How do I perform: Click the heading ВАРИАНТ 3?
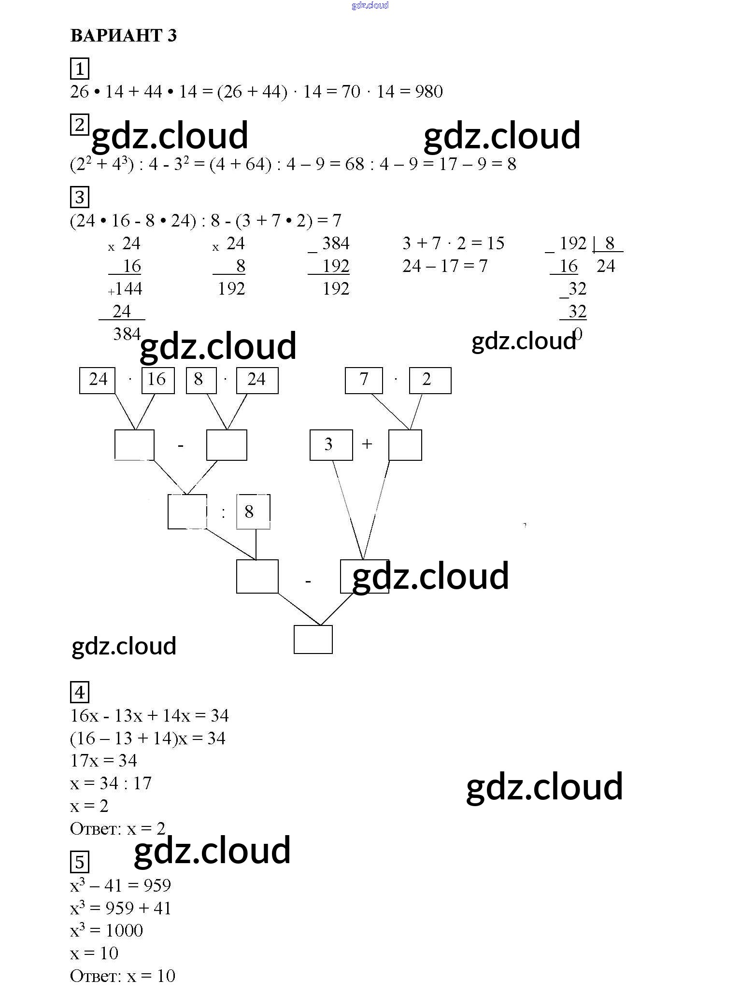tap(124, 36)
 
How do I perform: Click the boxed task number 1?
tap(80, 69)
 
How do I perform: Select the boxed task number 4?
tap(80, 693)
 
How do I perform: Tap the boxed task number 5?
tap(80, 862)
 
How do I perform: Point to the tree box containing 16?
tap(157, 380)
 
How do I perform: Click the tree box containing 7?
tap(364, 380)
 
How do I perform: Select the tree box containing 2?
tap(429, 380)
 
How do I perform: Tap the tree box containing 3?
tap(330, 445)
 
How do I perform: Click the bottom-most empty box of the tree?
tap(313, 640)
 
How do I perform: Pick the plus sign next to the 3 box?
tap(367, 444)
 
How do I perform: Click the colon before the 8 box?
tap(223, 512)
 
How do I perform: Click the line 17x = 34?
tap(104, 761)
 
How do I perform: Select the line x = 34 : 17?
tap(111, 783)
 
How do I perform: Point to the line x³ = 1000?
tap(107, 930)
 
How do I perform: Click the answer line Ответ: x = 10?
tap(123, 976)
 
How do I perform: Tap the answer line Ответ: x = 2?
tap(118, 829)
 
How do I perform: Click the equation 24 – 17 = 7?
tap(445, 266)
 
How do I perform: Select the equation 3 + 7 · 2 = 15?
tap(453, 243)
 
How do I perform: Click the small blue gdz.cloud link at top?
tap(370, 6)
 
